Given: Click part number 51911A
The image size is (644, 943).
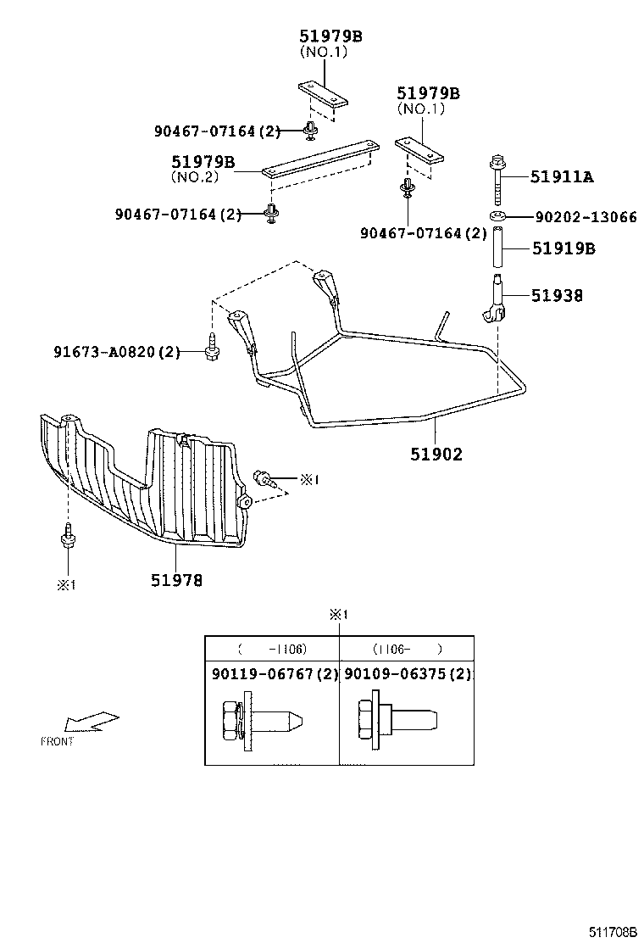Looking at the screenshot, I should coord(562,177).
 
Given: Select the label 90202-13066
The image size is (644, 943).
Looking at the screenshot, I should coord(586,217).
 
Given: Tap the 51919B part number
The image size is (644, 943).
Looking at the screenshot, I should coord(563,249).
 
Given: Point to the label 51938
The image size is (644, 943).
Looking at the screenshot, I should coord(557,296).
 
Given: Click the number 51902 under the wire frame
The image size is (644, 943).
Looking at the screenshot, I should coord(436,455).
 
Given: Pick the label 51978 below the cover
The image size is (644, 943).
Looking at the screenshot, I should coord(177,581).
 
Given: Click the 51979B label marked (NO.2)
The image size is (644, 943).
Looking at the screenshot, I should coord(203,162).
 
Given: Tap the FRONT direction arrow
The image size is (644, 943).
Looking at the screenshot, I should coord(92,722).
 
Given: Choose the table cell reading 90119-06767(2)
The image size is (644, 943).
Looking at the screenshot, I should coord(271,674).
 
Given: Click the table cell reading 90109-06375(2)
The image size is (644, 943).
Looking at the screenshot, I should coord(406,674).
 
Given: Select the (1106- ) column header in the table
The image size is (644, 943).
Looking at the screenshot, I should coord(406,650).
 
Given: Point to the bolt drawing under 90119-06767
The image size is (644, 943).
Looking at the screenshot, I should coord(259,720).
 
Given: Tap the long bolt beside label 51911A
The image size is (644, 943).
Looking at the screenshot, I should coord(497,181).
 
